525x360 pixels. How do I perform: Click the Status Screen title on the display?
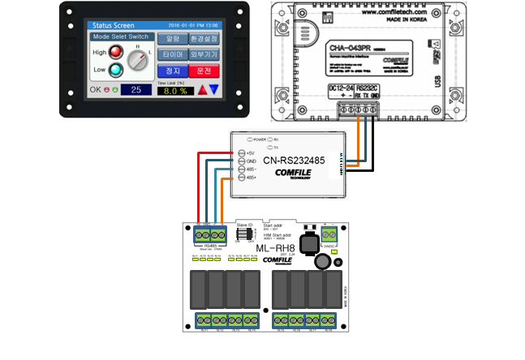(114, 25)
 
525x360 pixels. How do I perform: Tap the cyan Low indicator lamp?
(118, 71)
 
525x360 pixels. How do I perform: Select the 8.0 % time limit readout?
(172, 91)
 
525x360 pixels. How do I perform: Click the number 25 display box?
(136, 89)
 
